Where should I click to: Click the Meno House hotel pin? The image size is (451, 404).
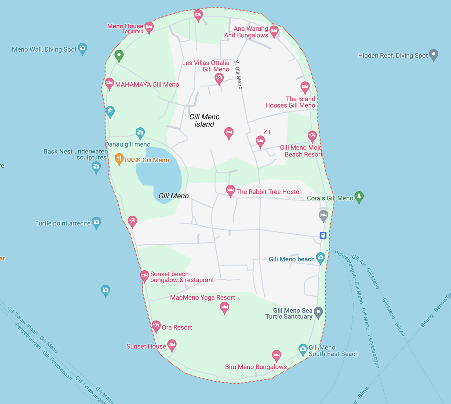coord(149,27)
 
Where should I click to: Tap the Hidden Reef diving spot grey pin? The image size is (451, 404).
coord(434,55)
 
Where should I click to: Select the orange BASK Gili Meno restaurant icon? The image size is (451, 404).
coord(119,159)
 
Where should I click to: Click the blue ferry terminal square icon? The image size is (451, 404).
coord(323,235)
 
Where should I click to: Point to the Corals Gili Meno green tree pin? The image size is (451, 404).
coord(359,196)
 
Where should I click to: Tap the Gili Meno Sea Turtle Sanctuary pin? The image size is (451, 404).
coord(318,312)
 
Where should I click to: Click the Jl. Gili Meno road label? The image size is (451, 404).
coord(238,75)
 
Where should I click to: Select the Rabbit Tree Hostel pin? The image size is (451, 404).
coord(230,190)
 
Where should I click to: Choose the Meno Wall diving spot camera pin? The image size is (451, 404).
coord(82,48)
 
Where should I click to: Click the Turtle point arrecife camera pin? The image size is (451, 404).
coord(96,222)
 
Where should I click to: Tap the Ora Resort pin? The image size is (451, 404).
coord(156,326)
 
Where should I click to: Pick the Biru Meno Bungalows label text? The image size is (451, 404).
coord(256,367)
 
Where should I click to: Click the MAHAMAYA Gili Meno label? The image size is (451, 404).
coord(147,85)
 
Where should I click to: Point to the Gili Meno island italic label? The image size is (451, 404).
coord(204,120)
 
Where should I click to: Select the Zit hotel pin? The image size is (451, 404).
coord(260,141)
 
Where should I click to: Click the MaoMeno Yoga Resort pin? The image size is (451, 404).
coord(224,307)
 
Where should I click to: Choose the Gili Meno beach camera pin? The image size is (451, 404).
coord(320,258)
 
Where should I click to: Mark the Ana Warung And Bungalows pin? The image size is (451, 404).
coord(274,31)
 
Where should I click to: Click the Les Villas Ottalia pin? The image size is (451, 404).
coord(219,78)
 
